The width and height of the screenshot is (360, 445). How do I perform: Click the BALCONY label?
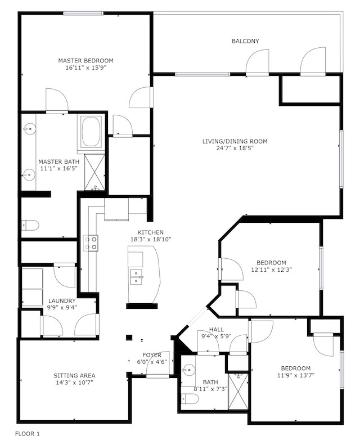click(x=245, y=41)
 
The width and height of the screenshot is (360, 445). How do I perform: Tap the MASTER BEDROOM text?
click(x=85, y=60)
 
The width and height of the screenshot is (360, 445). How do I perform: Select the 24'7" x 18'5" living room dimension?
click(x=235, y=148)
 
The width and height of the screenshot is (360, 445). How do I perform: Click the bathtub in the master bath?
click(x=91, y=132)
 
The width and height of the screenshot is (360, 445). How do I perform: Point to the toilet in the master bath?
click(x=30, y=226)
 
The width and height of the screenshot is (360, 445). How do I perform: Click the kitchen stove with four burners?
click(x=91, y=243)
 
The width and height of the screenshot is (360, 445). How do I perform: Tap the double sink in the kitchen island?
click(x=136, y=277)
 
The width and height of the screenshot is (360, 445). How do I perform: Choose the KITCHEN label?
click(x=151, y=232)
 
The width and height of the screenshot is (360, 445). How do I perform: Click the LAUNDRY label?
click(x=62, y=300)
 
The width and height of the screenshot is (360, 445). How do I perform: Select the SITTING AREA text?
click(x=74, y=375)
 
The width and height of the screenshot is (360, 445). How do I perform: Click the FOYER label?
click(x=152, y=355)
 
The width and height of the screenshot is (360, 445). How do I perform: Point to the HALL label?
click(x=216, y=330)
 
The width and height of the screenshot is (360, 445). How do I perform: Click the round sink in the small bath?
click(x=187, y=370)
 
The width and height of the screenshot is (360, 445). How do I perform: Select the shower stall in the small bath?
click(x=238, y=392)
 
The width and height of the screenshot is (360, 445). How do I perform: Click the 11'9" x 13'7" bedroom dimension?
click(x=296, y=375)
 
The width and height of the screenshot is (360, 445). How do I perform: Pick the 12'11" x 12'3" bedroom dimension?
click(x=272, y=269)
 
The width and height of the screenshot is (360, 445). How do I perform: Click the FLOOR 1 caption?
click(x=27, y=434)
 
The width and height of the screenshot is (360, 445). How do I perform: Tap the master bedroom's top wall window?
click(x=83, y=13)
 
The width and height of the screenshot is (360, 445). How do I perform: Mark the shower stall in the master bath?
click(x=94, y=172)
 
